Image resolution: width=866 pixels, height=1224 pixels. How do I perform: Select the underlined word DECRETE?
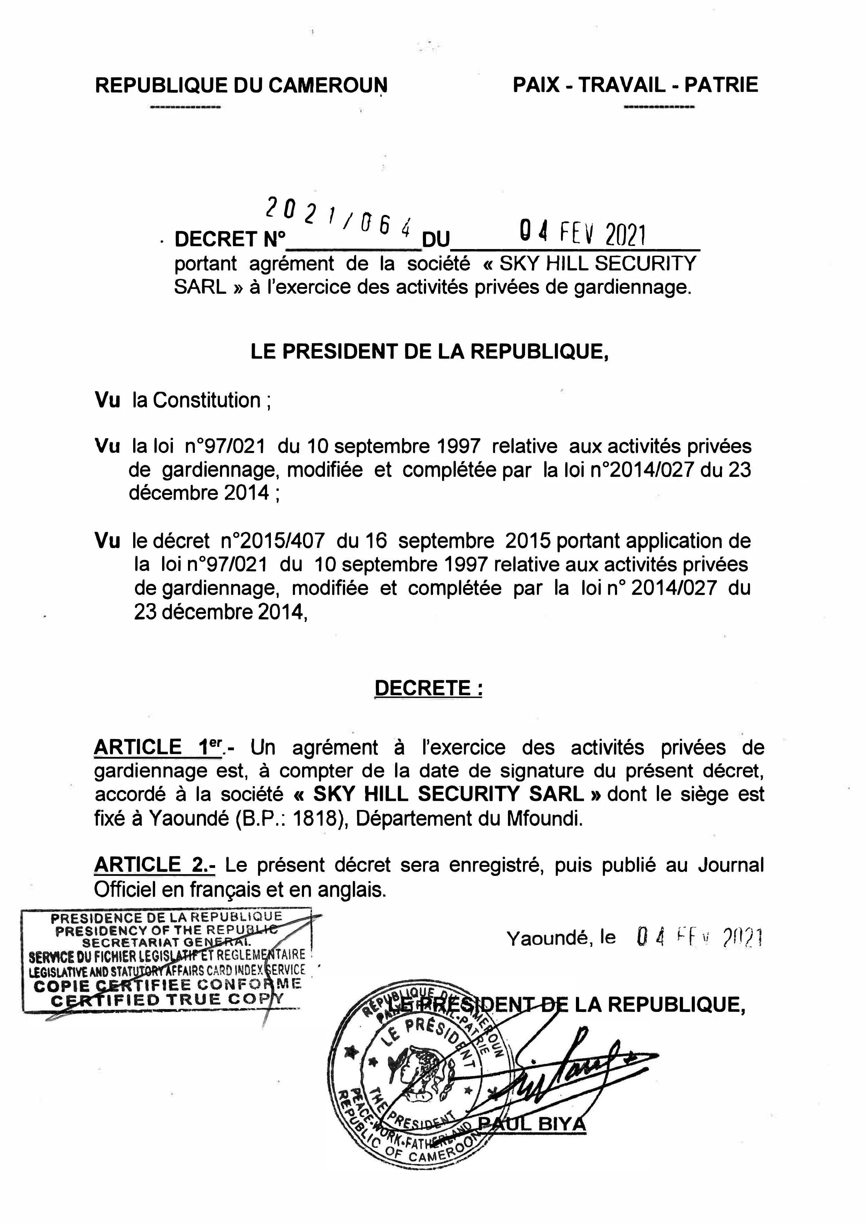click(428, 688)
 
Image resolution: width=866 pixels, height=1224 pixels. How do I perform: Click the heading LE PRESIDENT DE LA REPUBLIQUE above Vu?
click(429, 352)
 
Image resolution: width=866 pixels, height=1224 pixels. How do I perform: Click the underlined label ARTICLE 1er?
click(158, 748)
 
